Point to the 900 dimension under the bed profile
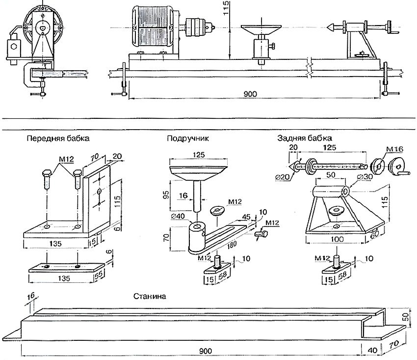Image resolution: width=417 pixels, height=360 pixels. [x=206, y=351]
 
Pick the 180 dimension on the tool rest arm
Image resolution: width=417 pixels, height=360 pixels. [x=232, y=245]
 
